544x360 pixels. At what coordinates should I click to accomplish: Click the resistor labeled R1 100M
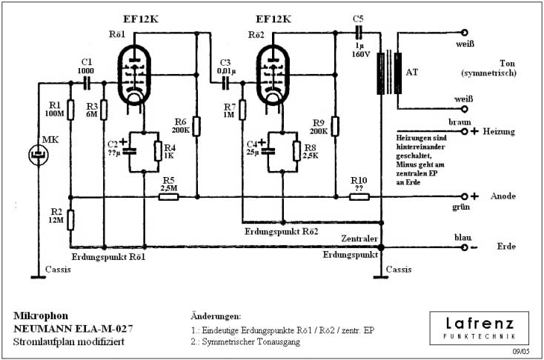pyautogui.click(x=70, y=110)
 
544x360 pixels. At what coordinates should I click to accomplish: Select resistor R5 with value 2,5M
pyautogui.click(x=170, y=197)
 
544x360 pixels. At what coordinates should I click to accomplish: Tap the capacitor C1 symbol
pyautogui.click(x=87, y=79)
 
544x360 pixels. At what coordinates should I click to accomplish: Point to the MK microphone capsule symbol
pyautogui.click(x=36, y=155)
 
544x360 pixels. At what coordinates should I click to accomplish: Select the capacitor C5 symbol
pyautogui.click(x=359, y=33)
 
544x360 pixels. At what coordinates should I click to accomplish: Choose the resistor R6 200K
pyautogui.click(x=197, y=126)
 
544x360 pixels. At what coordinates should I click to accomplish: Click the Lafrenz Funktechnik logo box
pyautogui.click(x=479, y=327)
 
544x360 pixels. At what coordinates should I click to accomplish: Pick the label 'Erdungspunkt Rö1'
pyautogui.click(x=108, y=256)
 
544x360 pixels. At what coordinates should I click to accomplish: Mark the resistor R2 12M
pyautogui.click(x=70, y=219)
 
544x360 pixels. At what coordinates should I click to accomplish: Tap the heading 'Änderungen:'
pyautogui.click(x=216, y=316)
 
